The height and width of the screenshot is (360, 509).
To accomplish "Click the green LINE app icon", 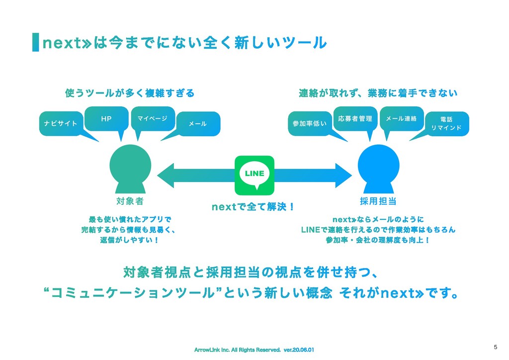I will (254, 175).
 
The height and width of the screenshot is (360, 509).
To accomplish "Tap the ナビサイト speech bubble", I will (61, 123).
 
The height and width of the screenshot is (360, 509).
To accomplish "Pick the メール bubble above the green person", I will (198, 123).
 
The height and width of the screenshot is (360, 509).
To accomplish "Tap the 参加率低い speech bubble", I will (309, 123).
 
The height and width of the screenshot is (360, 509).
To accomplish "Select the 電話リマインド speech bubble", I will (446, 123).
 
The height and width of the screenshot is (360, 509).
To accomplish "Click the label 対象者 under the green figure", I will (130, 201).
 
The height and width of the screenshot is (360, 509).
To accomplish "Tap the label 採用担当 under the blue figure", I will (378, 201).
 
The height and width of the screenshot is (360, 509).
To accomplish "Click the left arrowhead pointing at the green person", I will (167, 174).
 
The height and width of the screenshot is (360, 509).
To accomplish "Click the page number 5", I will (495, 347).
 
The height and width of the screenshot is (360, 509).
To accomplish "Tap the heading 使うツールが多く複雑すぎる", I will (130, 93).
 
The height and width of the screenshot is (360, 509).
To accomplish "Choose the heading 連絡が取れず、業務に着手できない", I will (378, 93).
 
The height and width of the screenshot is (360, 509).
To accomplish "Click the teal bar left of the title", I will (35, 42).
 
